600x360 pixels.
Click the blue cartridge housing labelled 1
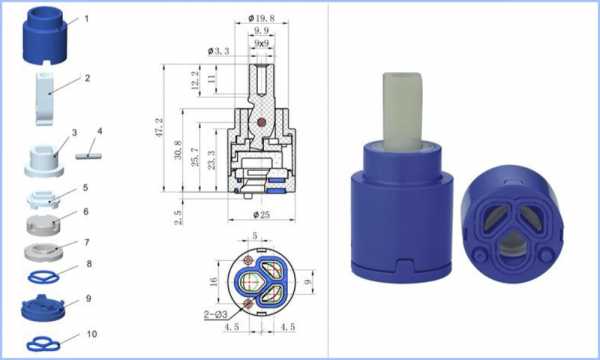[45, 36]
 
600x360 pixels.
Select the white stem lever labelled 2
[46, 99]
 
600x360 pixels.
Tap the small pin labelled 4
[89, 156]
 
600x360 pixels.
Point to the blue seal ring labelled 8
[44, 277]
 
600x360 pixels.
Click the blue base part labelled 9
[43, 308]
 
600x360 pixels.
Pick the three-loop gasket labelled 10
[43, 344]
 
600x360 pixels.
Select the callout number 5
[85, 187]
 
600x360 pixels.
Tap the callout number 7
[86, 242]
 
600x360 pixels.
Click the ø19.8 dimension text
[261, 18]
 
